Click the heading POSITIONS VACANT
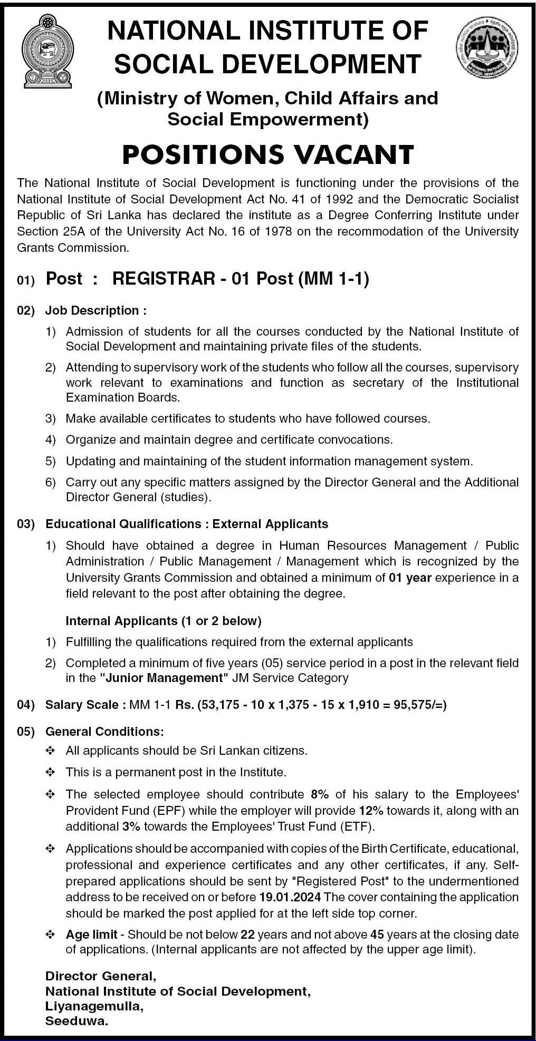coord(268,154)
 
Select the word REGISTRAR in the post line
coord(164,278)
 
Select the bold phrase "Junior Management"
coord(165,678)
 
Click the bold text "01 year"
coord(410,578)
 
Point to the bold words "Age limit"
coord(91,935)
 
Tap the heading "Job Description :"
coord(95,310)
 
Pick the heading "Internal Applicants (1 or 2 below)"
coord(164,621)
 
